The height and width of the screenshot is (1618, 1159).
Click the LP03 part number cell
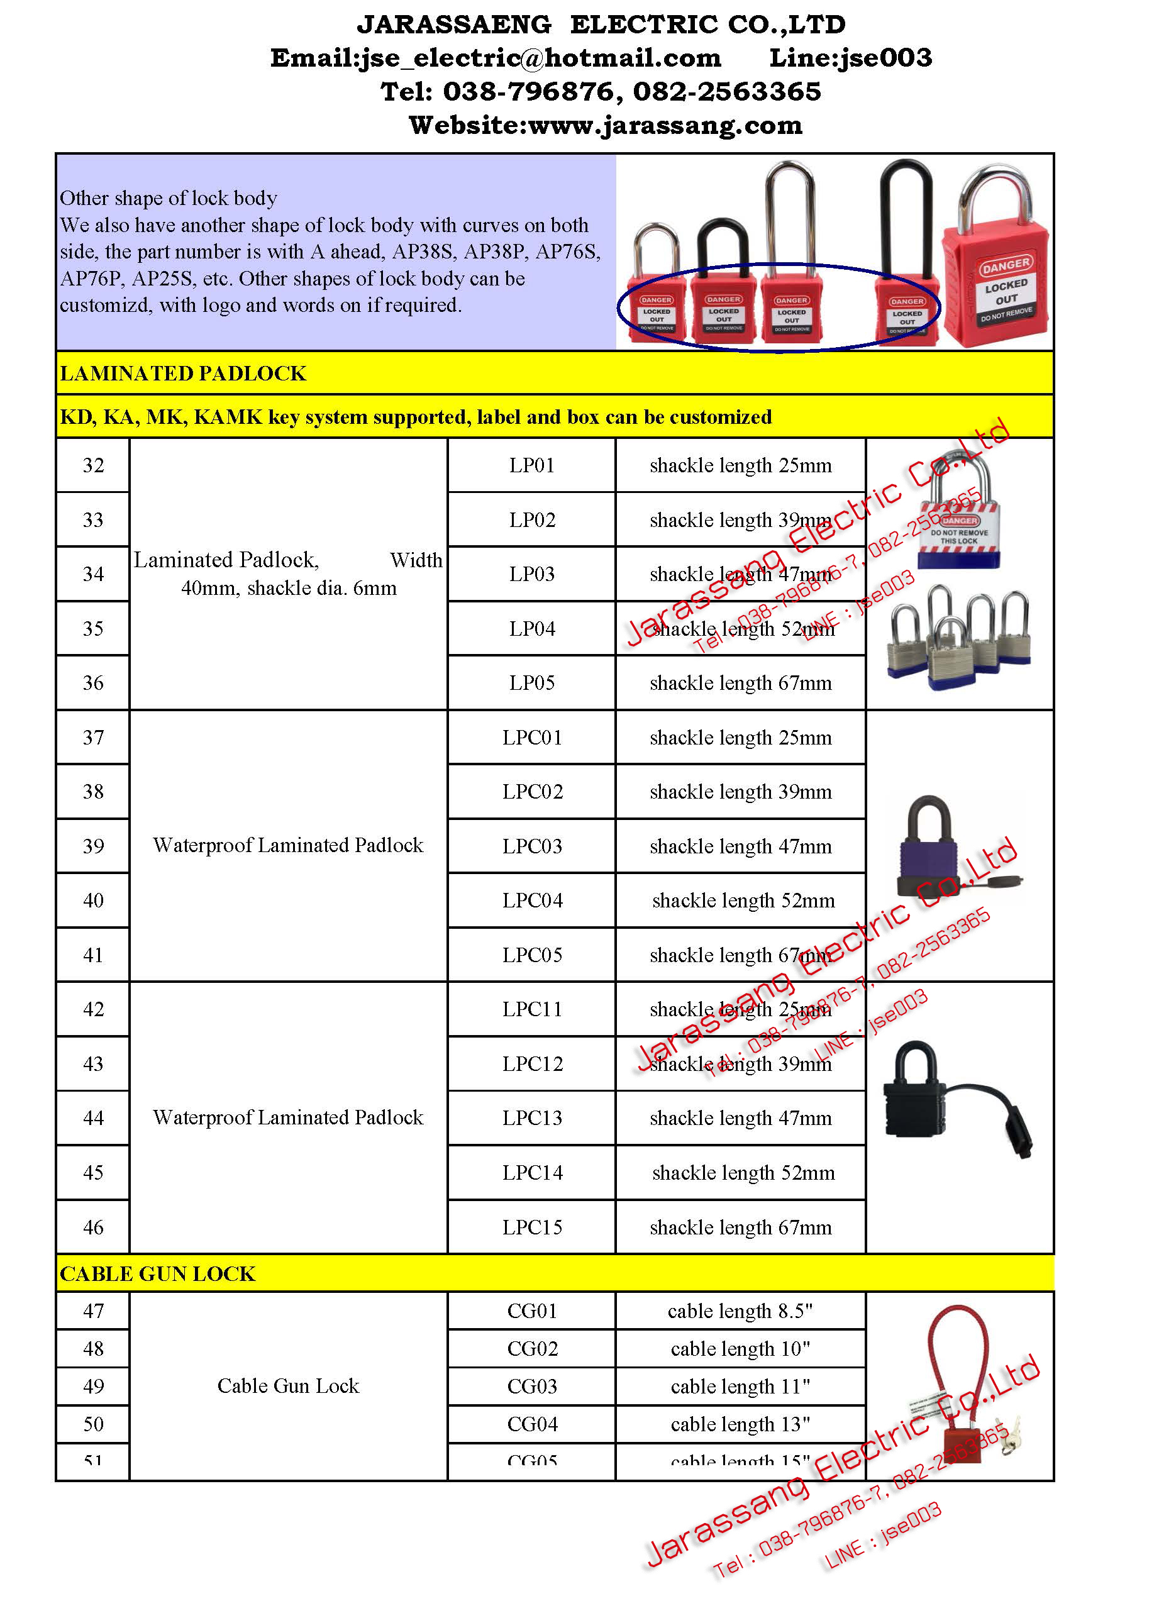531,574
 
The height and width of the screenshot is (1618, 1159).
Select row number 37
92,737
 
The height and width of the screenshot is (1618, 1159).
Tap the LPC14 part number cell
531,1172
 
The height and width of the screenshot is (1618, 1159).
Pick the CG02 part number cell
531,1348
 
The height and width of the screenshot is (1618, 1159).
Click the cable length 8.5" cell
740,1310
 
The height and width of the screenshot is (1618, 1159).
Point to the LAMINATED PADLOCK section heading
182,373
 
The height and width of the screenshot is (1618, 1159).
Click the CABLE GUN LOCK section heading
157,1273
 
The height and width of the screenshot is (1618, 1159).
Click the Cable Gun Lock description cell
288,1385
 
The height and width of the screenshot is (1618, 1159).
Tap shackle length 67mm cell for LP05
740,683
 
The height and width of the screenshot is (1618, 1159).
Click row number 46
92,1227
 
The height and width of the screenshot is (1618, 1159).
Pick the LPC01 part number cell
531,737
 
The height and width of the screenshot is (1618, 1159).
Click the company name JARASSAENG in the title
453,25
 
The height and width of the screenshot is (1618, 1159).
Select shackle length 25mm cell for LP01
740,465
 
